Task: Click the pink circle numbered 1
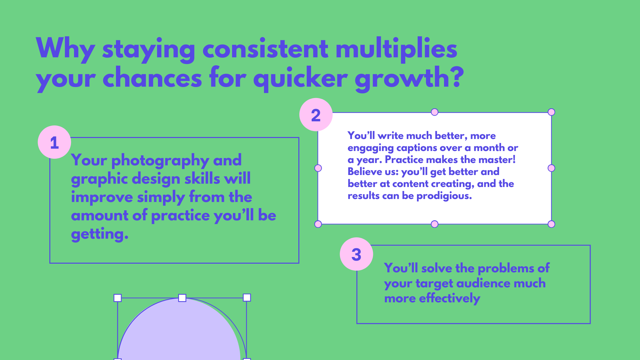click(x=54, y=142)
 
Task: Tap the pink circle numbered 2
click(x=316, y=115)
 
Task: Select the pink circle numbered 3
click(x=356, y=254)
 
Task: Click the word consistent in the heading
click(x=265, y=49)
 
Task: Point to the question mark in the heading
click(x=456, y=76)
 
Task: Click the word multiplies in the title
click(x=396, y=49)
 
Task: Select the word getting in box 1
click(x=100, y=234)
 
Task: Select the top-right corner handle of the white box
click(x=551, y=112)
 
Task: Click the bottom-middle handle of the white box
click(x=434, y=224)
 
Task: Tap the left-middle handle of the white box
click(x=318, y=168)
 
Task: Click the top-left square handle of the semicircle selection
click(x=118, y=298)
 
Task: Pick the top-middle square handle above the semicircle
click(x=182, y=298)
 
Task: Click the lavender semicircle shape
click(x=179, y=333)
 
